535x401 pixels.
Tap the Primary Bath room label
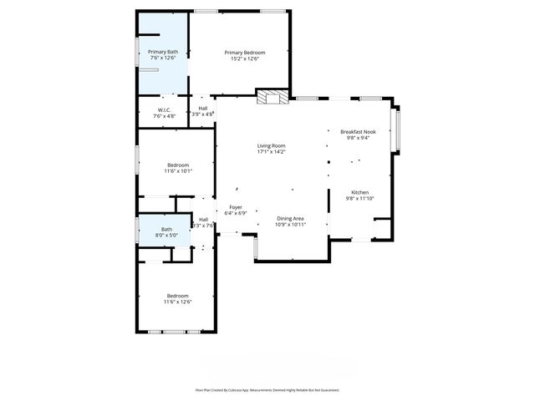pyautogui.click(x=163, y=52)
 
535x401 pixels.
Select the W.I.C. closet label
pyautogui.click(x=164, y=109)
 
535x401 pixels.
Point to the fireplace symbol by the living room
pyautogui.click(x=270, y=98)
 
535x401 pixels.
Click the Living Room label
pyautogui.click(x=272, y=146)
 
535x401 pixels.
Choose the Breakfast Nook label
pyautogui.click(x=358, y=132)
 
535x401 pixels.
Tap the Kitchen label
pyautogui.click(x=359, y=192)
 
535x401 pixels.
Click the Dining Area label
pyautogui.click(x=291, y=218)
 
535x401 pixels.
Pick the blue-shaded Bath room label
pyautogui.click(x=166, y=229)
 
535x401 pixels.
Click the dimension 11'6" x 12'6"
pyautogui.click(x=178, y=302)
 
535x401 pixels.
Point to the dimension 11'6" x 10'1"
pyautogui.click(x=179, y=170)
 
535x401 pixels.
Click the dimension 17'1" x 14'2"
pyautogui.click(x=272, y=152)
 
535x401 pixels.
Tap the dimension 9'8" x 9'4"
pyautogui.click(x=358, y=138)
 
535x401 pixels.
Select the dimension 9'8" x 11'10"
pyautogui.click(x=359, y=198)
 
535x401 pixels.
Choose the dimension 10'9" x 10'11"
pyautogui.click(x=291, y=224)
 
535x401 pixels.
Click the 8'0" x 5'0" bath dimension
pyautogui.click(x=166, y=235)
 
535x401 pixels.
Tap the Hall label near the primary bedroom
pyautogui.click(x=202, y=108)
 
